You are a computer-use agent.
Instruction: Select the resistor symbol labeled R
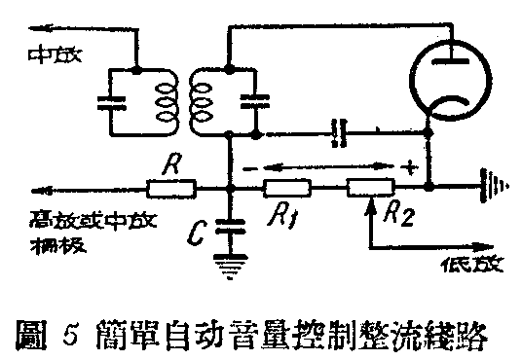pos(173,189)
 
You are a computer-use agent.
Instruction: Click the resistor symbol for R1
pos(288,189)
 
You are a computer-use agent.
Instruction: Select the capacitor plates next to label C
pos(230,225)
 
